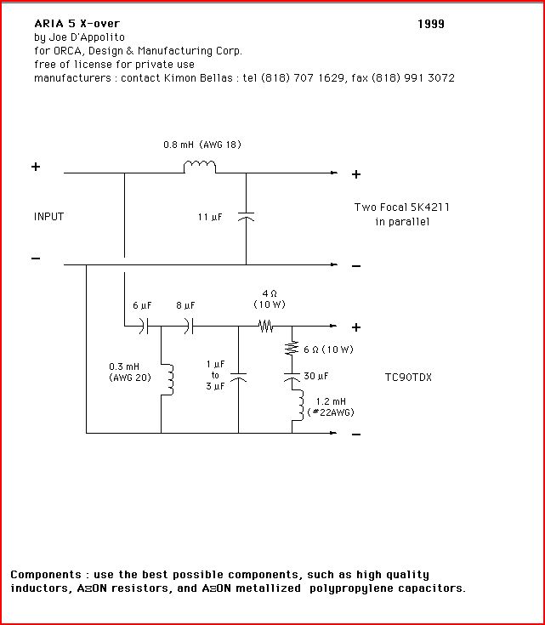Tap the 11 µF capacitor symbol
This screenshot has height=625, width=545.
click(x=246, y=217)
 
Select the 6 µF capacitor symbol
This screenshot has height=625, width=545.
click(x=144, y=326)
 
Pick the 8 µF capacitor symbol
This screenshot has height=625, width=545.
click(x=190, y=326)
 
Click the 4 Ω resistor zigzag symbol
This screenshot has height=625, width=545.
click(x=265, y=327)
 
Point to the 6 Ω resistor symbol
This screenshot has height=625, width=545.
click(x=292, y=348)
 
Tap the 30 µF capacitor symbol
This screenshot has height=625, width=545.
click(x=292, y=377)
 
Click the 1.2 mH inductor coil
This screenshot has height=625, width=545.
click(x=298, y=405)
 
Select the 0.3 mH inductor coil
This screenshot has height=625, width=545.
click(x=167, y=378)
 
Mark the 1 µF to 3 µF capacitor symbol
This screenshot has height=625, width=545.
click(x=238, y=377)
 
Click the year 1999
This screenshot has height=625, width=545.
click(x=431, y=24)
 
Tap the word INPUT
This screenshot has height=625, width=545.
click(x=48, y=217)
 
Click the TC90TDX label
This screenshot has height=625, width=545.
click(x=408, y=377)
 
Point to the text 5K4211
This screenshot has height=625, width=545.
click(x=429, y=207)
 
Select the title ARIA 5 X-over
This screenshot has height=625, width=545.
click(x=77, y=24)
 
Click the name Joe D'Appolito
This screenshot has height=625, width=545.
click(x=87, y=37)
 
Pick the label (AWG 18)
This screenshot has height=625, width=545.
click(x=220, y=145)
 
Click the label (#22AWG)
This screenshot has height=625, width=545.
click(x=331, y=412)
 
